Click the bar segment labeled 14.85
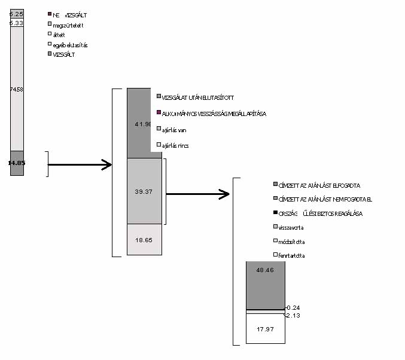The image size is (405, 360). [x=17, y=163]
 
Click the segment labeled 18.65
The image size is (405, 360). [x=144, y=239]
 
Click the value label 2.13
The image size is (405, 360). [x=294, y=315]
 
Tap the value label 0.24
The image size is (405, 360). [x=294, y=307]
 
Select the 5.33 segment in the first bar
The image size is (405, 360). [x=17, y=22]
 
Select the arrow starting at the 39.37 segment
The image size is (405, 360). [x=197, y=194]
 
